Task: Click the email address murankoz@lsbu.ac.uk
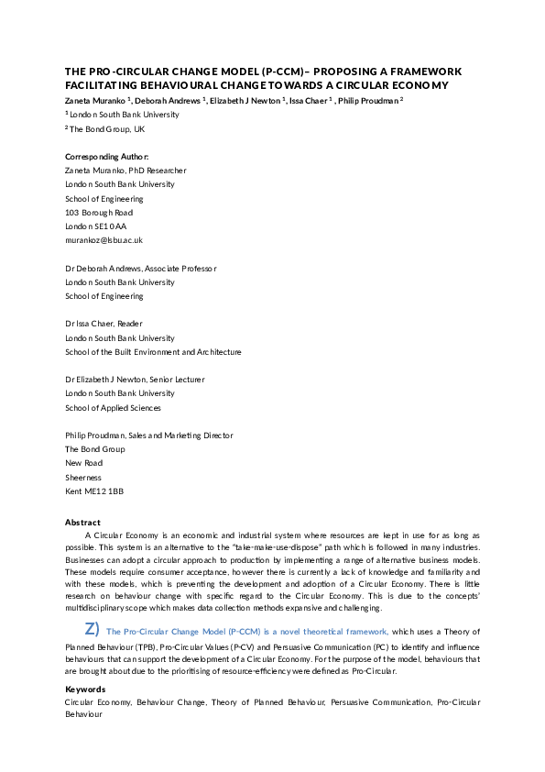click(x=104, y=240)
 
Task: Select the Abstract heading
click(x=82, y=522)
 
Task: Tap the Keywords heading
click(x=85, y=689)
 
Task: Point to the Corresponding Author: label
click(x=106, y=157)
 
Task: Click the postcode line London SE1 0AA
click(x=96, y=226)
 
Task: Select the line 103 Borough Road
click(x=99, y=213)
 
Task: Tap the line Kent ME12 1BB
click(x=94, y=491)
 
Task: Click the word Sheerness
click(x=83, y=478)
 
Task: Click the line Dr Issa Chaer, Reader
click(x=104, y=324)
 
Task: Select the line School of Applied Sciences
click(x=113, y=408)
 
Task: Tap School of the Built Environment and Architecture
click(x=153, y=352)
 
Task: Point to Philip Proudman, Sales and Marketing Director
click(x=148, y=436)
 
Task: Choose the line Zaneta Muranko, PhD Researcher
click(x=125, y=171)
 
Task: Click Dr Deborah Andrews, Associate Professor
click(x=141, y=269)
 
